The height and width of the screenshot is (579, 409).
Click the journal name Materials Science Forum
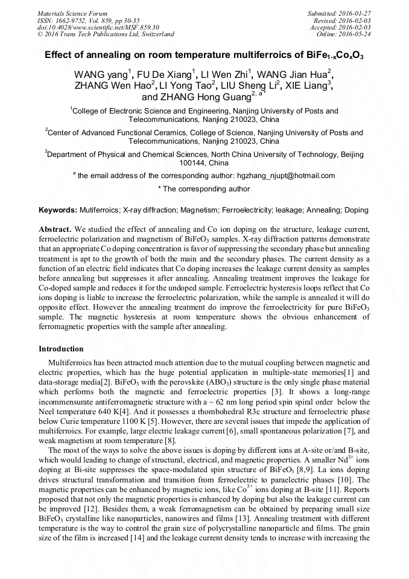point(72,13)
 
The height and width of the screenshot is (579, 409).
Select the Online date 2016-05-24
point(357,34)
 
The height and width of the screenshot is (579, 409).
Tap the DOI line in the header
point(98,27)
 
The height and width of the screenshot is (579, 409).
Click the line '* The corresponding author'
point(203,189)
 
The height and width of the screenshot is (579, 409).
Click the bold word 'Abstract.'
point(55,230)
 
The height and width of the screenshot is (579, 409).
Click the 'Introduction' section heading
point(61,349)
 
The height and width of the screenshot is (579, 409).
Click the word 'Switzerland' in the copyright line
point(155,34)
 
